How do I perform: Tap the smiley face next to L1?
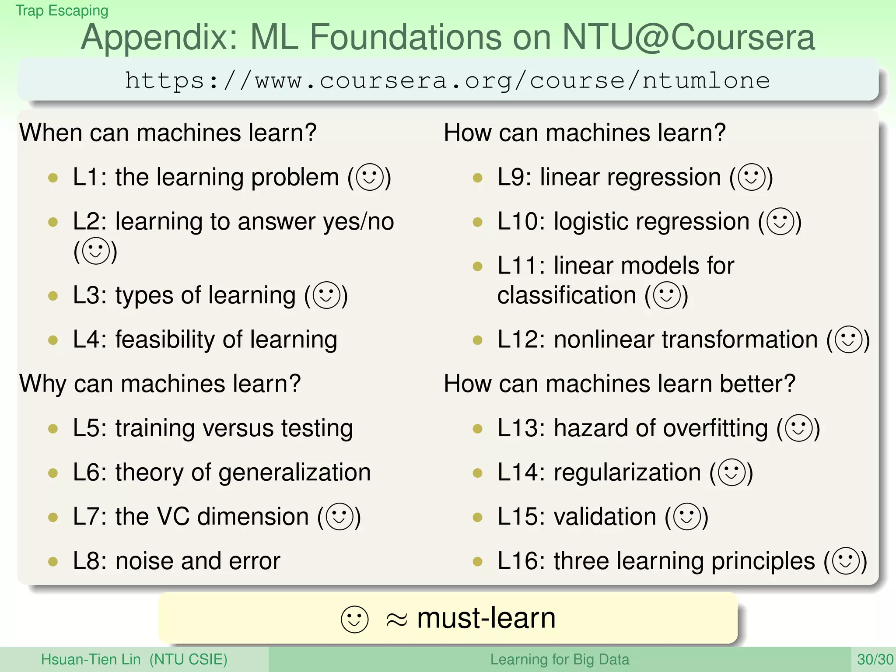coord(370,177)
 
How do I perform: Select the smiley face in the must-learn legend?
coord(354,619)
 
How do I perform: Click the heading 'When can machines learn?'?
coord(168,133)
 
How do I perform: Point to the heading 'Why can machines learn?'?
coord(160,384)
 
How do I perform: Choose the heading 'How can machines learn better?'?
coord(619,384)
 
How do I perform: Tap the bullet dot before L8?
coord(53,561)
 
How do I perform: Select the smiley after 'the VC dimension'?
coord(339,517)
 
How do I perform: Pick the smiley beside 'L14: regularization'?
coord(731,472)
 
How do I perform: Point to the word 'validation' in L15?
coord(605,517)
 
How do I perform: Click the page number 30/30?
coord(875,659)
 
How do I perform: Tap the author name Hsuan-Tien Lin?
coord(91,659)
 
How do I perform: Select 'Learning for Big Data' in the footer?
coord(559,659)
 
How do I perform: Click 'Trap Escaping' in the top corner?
coord(62,10)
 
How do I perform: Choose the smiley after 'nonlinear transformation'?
coord(848,339)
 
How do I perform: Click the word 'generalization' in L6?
coord(294,472)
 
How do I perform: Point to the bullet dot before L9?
coord(478,178)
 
